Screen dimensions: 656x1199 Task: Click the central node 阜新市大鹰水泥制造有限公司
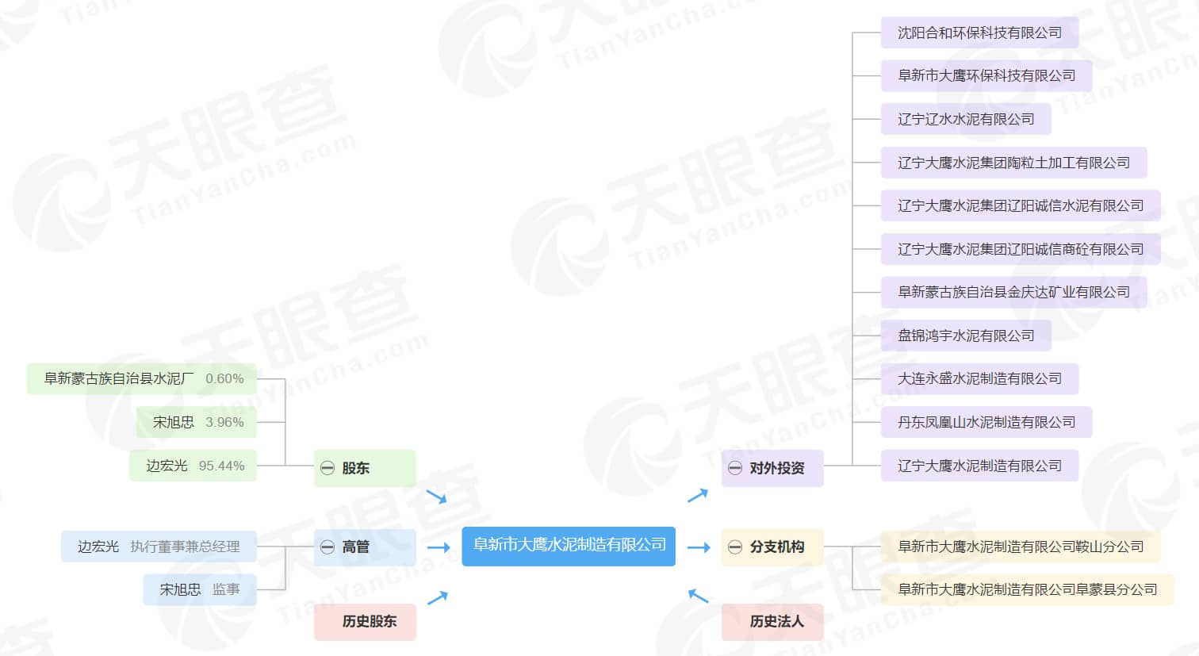point(569,546)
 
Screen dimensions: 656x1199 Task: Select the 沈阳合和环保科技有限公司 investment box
point(979,33)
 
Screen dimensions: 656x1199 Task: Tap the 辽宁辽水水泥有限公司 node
point(966,119)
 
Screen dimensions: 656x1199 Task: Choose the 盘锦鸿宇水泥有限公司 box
point(966,336)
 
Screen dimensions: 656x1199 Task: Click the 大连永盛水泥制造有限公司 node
point(979,378)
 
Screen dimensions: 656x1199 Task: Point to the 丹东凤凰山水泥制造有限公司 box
point(986,422)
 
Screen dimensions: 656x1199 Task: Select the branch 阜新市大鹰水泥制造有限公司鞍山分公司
point(1021,547)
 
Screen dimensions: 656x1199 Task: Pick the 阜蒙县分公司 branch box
point(1027,589)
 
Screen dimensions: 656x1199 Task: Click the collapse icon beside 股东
point(328,468)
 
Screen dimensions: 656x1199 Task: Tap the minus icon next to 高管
point(328,547)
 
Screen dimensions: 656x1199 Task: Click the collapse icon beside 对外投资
point(735,468)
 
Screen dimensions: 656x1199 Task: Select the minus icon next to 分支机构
point(735,547)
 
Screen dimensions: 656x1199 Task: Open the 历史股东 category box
point(365,621)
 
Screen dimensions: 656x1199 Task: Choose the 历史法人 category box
point(772,621)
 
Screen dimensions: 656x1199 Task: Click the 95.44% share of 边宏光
point(221,466)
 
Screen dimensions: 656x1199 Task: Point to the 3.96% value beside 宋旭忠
point(224,422)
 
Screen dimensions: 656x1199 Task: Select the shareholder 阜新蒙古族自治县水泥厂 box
point(142,378)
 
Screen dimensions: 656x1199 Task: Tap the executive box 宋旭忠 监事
point(200,589)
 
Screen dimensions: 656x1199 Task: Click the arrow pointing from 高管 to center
point(439,547)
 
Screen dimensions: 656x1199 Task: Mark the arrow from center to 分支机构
point(699,547)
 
